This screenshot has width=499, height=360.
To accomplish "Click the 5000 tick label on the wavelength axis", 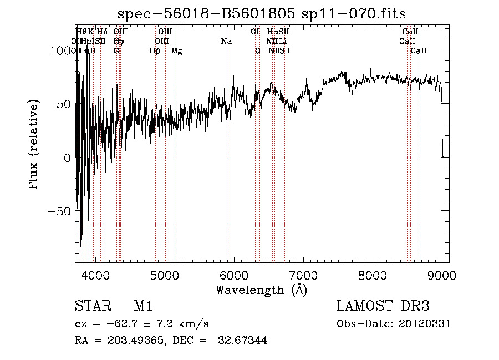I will point(164,275).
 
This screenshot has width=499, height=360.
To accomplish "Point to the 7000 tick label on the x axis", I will point(303,275).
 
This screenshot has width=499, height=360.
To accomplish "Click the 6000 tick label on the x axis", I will point(233,275).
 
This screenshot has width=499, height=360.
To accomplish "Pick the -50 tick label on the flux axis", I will point(60,211).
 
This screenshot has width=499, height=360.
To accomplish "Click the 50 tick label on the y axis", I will point(64,104).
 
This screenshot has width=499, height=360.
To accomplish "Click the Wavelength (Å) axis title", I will point(261,290).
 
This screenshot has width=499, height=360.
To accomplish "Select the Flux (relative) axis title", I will point(35,144).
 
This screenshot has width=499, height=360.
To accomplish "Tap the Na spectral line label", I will point(226,41).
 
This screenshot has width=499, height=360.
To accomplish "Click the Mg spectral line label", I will point(177,51).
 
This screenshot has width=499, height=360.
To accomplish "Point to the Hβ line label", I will point(155,51).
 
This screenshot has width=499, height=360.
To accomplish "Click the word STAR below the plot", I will point(91,306).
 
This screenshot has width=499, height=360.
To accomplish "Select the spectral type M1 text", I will point(143,306).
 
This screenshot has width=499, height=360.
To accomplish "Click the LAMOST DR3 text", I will point(383,306).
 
